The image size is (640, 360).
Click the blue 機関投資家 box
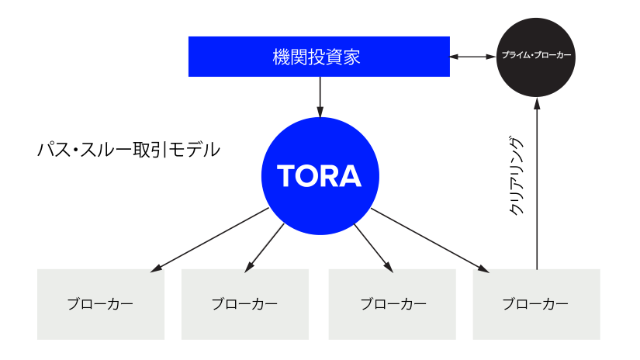tap(319, 57)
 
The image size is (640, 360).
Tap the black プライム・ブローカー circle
tap(536, 57)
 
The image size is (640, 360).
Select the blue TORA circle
tap(320, 176)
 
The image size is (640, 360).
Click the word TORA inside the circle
tap(319, 176)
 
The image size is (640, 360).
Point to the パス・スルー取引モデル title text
tap(129, 150)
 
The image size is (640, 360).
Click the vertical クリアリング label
tap(516, 176)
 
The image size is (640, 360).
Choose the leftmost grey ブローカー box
tap(101, 304)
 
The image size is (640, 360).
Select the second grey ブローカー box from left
tap(245, 304)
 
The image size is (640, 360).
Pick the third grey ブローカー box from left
tap(393, 304)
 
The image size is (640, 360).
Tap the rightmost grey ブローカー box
tap(536, 304)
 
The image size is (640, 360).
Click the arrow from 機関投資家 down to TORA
tap(320, 97)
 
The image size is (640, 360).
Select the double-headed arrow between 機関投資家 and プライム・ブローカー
tap(473, 57)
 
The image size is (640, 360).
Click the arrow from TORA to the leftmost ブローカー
tap(209, 240)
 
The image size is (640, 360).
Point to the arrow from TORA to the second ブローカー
tap(264, 247)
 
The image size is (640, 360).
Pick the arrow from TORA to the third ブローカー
tap(373, 248)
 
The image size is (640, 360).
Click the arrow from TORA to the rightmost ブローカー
tap(430, 241)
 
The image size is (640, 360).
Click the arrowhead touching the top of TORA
tap(320, 112)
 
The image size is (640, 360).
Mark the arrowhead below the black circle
tap(537, 103)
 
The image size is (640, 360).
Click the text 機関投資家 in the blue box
tap(317, 57)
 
